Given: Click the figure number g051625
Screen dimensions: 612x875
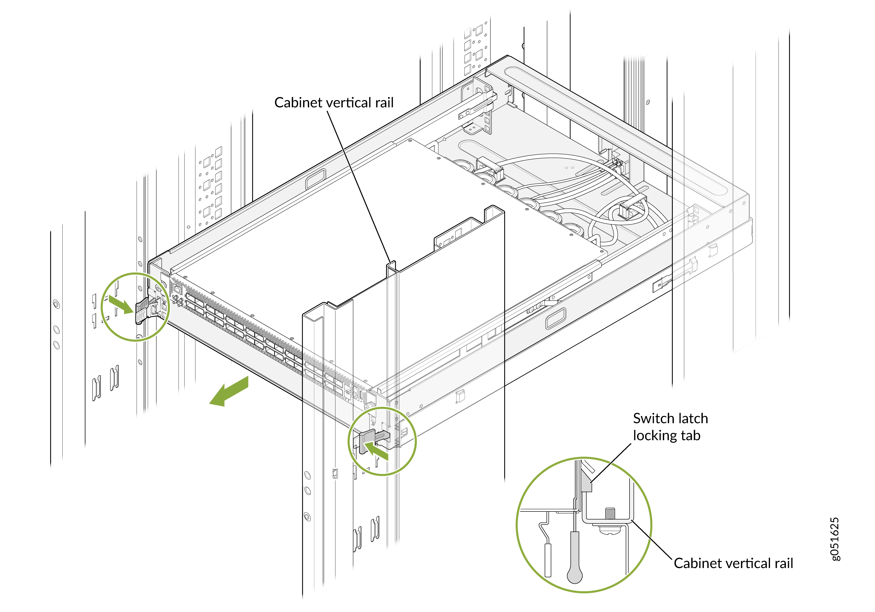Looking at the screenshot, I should pyautogui.click(x=835, y=539).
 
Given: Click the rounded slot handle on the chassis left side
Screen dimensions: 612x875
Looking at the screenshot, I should pyautogui.click(x=315, y=179).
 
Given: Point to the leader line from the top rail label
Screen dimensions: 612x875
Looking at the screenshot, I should pyautogui.click(x=358, y=183).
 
